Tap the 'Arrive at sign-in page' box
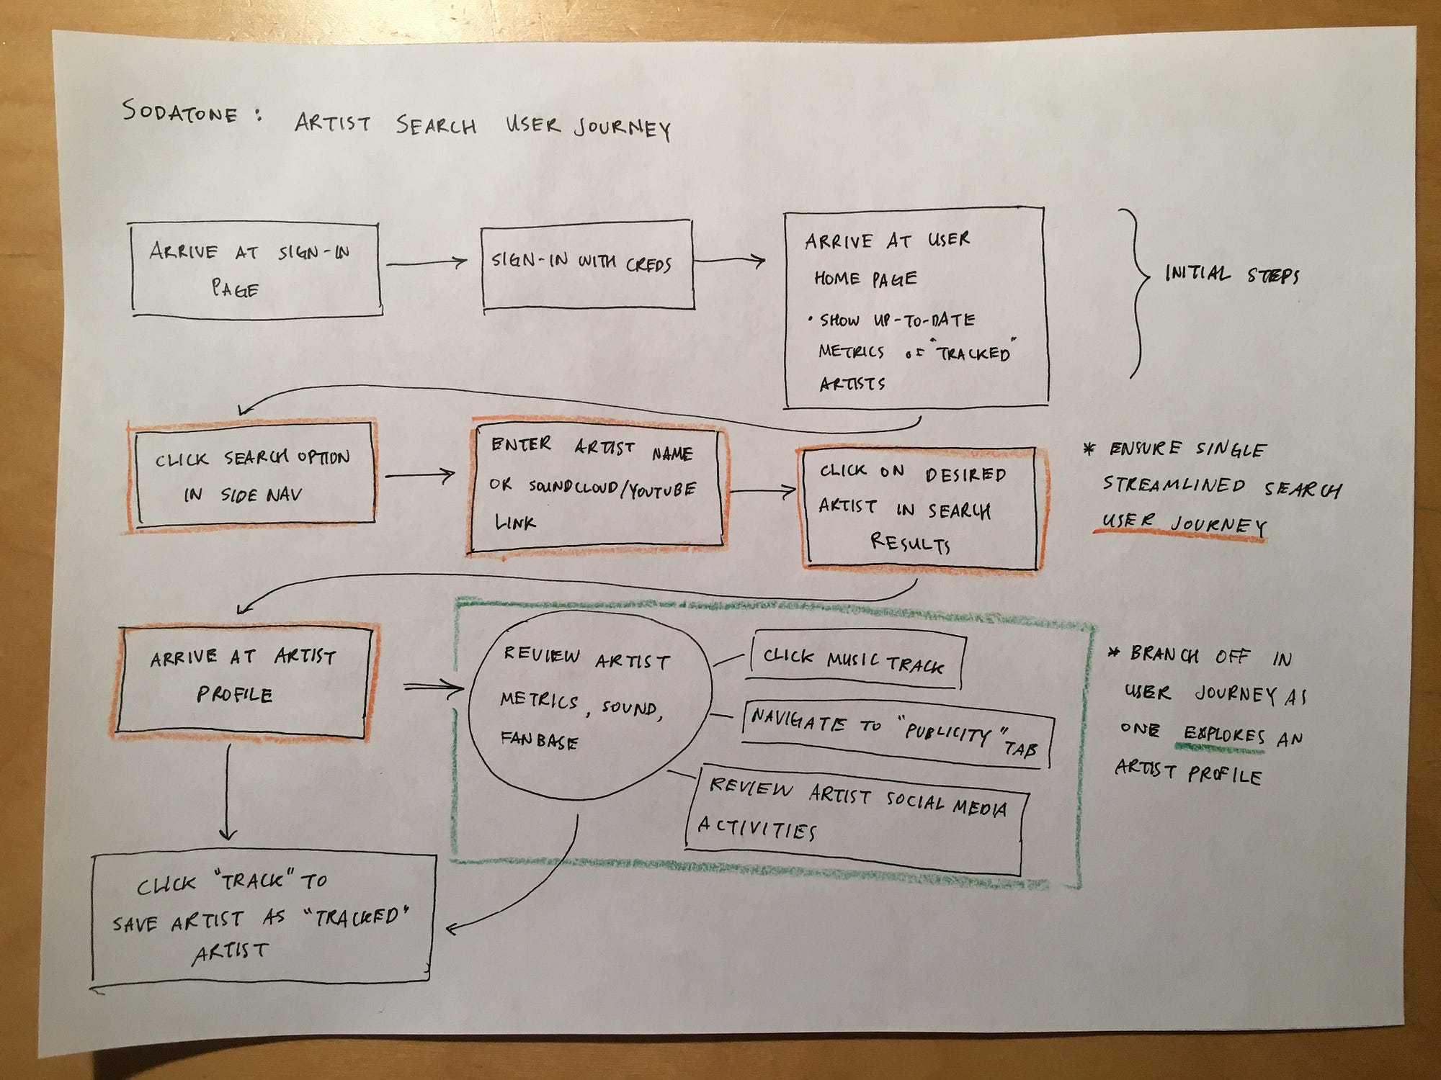click(256, 270)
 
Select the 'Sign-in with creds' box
click(586, 265)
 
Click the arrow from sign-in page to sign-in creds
click(427, 264)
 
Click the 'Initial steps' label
click(1231, 274)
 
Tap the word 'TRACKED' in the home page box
click(973, 353)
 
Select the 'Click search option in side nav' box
click(254, 475)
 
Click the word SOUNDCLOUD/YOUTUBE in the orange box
click(612, 488)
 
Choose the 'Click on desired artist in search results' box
click(921, 508)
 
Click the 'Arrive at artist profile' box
click(243, 680)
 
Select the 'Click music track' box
click(855, 660)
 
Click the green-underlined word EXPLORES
click(1223, 735)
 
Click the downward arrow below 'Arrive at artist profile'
click(228, 792)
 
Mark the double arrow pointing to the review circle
click(433, 689)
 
